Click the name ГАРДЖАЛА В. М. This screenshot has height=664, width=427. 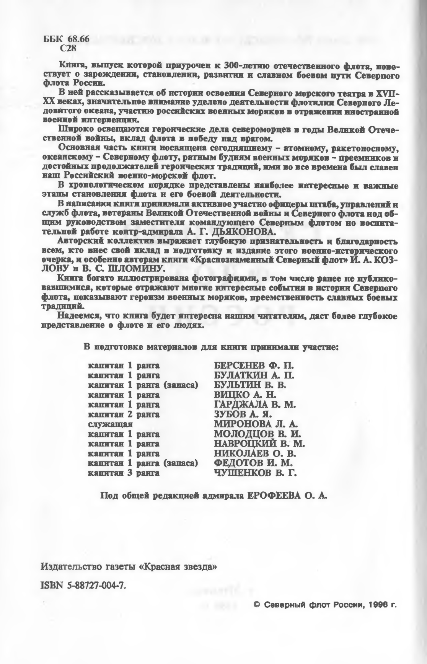tap(255, 404)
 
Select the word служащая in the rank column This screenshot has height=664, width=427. tap(110, 424)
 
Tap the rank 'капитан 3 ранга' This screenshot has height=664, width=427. tap(124, 473)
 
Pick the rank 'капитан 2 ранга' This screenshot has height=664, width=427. tap(124, 414)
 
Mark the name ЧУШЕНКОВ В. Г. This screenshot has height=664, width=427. tap(255, 473)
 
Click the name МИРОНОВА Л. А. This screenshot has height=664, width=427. tap(256, 424)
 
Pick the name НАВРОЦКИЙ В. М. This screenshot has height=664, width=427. tap(259, 444)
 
